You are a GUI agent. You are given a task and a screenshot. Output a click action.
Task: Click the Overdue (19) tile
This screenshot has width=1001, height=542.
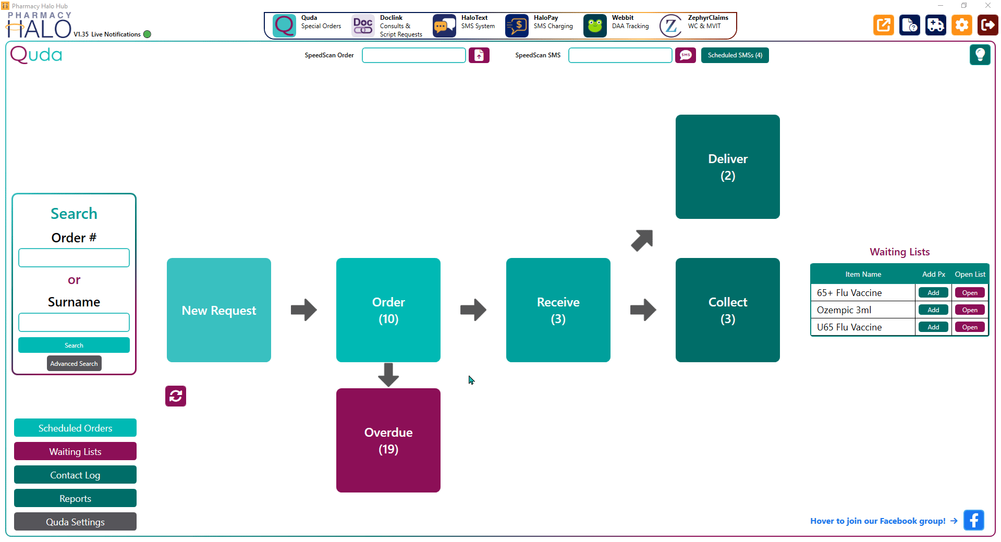[x=388, y=440]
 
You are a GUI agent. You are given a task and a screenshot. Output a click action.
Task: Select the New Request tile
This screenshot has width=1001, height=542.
[x=219, y=310]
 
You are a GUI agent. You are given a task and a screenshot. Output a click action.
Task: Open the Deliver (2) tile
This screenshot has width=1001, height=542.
[x=728, y=167]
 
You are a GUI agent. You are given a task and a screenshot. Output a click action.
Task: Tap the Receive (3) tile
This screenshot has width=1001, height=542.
[x=558, y=310]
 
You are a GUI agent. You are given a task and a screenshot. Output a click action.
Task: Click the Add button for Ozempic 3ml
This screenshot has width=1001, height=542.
[x=933, y=310]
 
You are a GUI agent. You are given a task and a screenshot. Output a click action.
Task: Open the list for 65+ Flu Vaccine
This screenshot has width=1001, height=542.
[x=970, y=293]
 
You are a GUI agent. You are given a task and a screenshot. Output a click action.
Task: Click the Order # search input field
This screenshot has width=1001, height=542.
[x=74, y=258]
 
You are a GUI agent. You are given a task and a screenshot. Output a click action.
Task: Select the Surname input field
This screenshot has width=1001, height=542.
[x=74, y=323]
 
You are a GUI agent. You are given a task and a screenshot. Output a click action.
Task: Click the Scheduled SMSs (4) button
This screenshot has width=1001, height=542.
[x=735, y=55]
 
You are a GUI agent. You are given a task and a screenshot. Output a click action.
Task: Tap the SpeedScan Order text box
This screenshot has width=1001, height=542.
[x=414, y=55]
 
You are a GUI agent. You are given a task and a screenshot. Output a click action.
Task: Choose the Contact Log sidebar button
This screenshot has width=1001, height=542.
[x=75, y=475]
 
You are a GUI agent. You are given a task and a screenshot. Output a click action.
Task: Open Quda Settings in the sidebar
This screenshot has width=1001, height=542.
[x=75, y=522]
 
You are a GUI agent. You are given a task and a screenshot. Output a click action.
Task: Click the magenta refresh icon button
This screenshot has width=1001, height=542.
[x=176, y=396]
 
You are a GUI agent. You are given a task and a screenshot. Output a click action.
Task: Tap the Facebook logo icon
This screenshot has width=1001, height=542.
[x=974, y=520]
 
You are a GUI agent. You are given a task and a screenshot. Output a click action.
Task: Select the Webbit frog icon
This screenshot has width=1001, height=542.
[x=595, y=26]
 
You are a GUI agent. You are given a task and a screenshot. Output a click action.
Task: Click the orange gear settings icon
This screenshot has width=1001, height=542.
[x=962, y=25]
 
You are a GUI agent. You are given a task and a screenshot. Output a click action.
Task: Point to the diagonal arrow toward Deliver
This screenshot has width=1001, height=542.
[x=642, y=240]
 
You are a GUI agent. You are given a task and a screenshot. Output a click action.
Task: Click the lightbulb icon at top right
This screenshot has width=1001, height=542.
[x=980, y=55]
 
